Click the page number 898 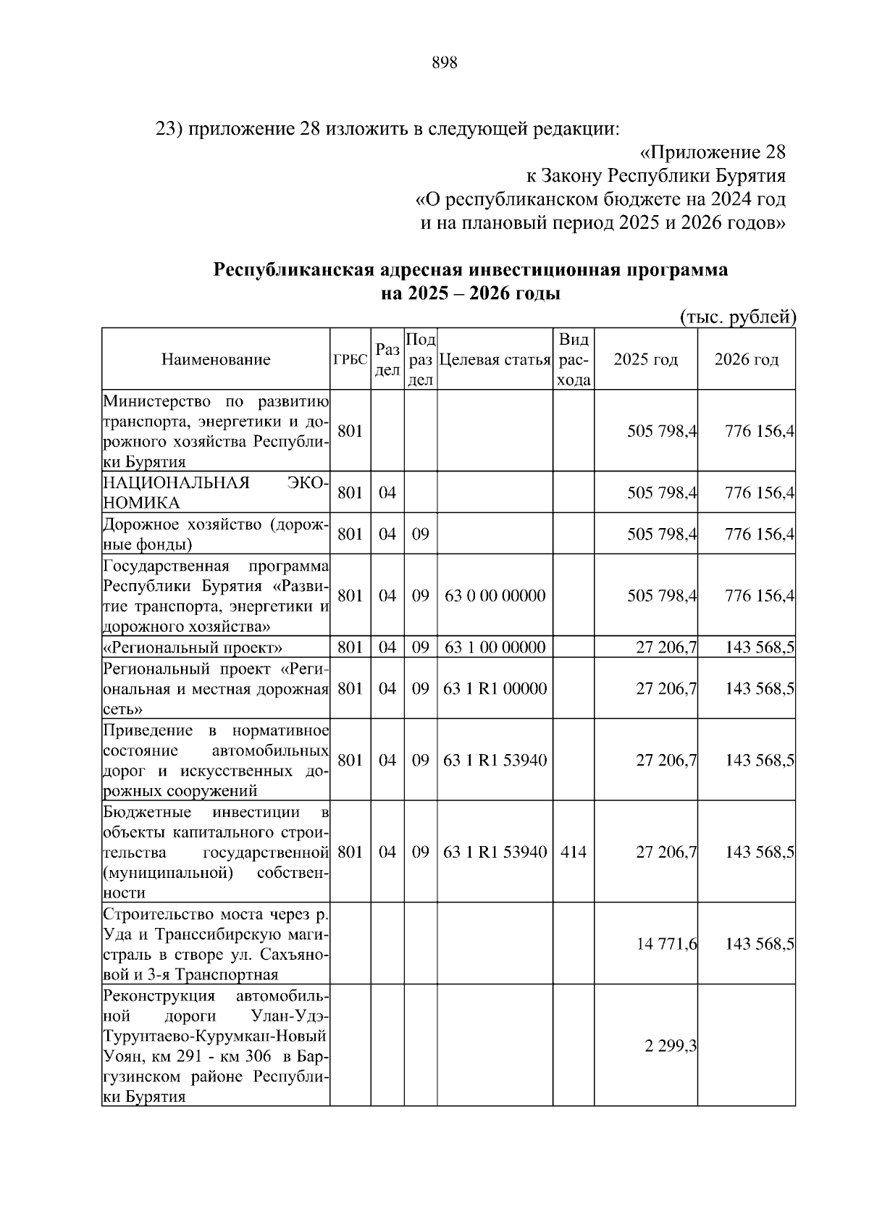444,63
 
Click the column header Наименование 216,359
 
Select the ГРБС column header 350,359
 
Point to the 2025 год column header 645,359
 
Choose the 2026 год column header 746,359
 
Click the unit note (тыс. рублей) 737,317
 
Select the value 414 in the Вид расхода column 574,852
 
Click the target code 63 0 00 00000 495,595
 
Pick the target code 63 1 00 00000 495,647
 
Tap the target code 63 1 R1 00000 495,688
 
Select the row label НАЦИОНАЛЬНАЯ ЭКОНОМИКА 216,493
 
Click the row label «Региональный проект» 193,647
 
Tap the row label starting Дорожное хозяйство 216,535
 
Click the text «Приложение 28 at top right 713,153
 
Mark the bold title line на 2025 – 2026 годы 471,294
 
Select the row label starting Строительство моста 216,944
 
